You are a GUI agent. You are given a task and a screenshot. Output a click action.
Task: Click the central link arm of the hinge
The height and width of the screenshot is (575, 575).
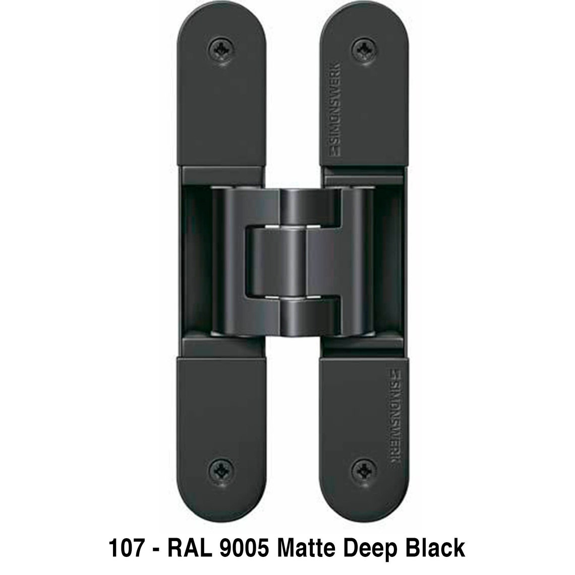coord(292,262)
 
